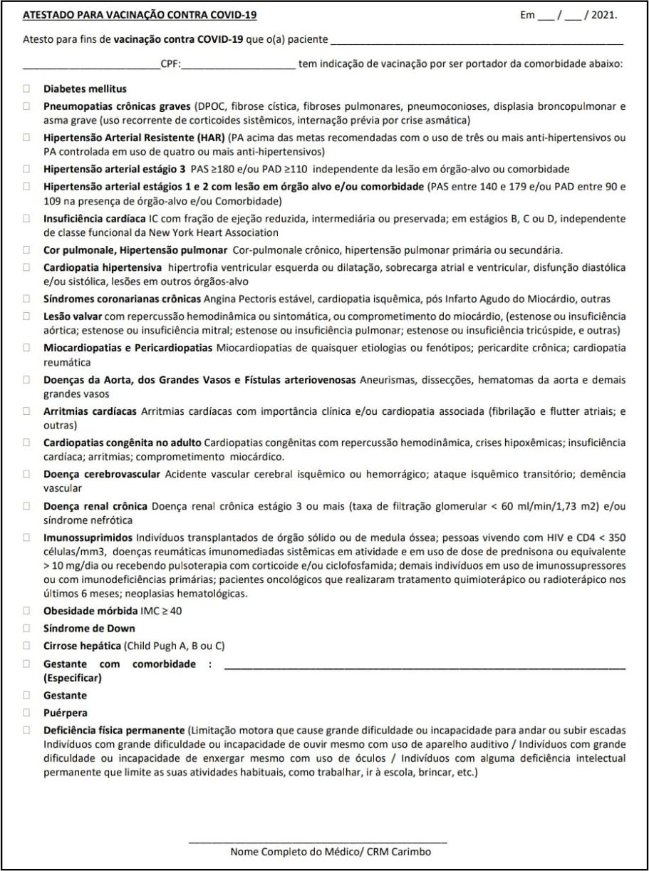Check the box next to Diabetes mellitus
coord(27,89)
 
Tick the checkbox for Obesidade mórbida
coord(27,612)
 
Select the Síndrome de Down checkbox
coord(27,629)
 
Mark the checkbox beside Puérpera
coord(27,713)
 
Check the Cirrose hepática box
coord(27,646)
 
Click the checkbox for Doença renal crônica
coord(27,506)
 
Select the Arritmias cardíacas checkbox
coord(27,411)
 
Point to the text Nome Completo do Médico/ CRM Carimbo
coord(330,852)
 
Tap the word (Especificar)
coord(72,678)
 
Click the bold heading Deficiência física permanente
coord(113,731)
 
